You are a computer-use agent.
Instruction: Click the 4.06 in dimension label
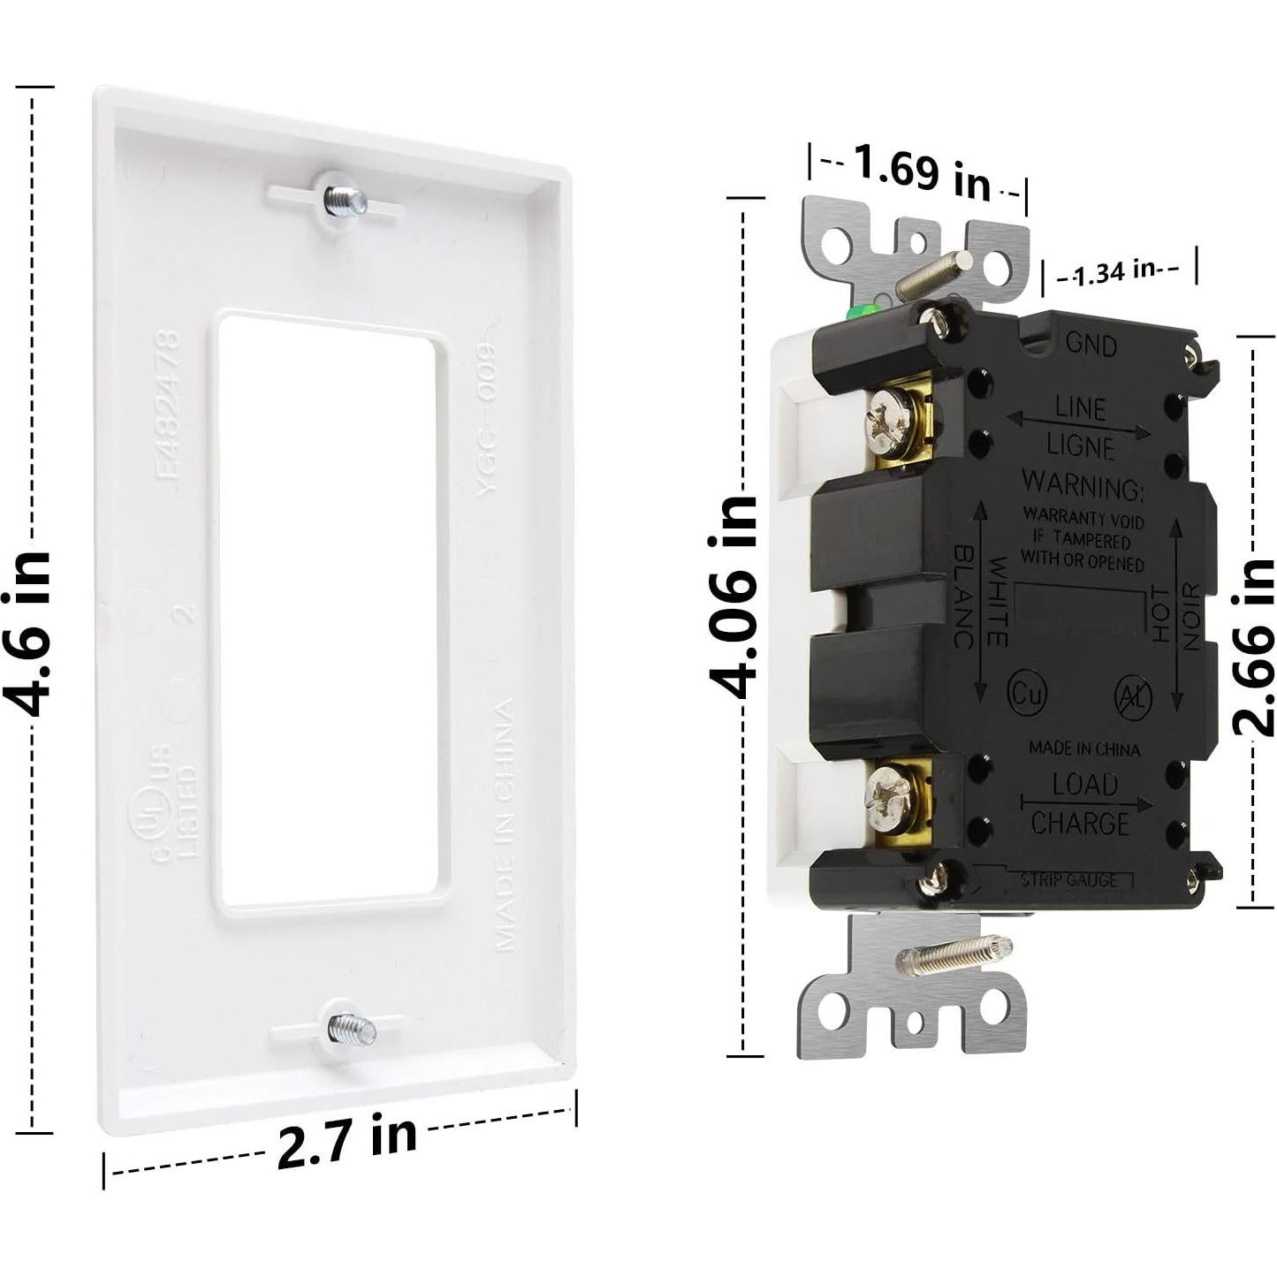tap(734, 597)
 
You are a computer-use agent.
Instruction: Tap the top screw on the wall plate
tap(344, 200)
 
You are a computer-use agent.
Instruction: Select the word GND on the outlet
tap(1091, 344)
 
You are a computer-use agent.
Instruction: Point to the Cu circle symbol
tap(1027, 692)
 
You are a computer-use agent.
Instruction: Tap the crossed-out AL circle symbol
tap(1133, 696)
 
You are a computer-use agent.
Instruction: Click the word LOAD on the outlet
tap(1084, 783)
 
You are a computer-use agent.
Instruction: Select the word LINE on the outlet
tap(1080, 408)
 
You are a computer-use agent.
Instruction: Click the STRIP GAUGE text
tap(1068, 879)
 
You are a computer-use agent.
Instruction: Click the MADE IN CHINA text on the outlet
tap(1083, 749)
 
